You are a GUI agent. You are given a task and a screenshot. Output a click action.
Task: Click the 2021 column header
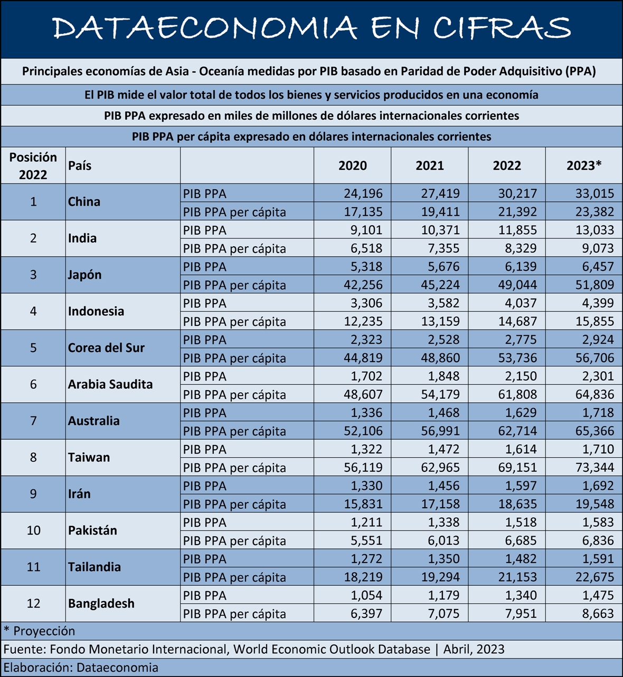click(429, 166)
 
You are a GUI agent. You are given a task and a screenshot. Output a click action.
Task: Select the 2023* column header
click(584, 166)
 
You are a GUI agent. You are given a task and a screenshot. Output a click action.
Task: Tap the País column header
click(80, 166)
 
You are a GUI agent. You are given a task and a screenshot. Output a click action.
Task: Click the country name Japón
click(84, 275)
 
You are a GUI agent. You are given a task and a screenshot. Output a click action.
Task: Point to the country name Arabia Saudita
click(110, 384)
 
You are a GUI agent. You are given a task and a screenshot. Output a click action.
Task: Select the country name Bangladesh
click(101, 603)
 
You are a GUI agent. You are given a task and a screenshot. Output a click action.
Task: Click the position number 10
click(33, 530)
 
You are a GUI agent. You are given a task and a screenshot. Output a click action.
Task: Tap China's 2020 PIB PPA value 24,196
click(363, 194)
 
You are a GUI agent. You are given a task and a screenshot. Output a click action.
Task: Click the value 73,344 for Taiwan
click(594, 468)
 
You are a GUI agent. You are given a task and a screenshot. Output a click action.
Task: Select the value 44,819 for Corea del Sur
click(363, 357)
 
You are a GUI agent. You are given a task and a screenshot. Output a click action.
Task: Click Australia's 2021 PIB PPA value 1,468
click(443, 412)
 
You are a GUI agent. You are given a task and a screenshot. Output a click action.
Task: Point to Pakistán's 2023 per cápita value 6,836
click(598, 540)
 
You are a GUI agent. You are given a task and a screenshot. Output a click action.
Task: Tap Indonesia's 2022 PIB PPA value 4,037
click(521, 303)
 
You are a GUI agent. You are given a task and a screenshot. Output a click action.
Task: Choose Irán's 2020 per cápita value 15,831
click(363, 504)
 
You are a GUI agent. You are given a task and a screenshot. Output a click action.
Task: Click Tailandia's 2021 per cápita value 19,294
click(440, 577)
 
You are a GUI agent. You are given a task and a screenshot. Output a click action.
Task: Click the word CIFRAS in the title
click(502, 27)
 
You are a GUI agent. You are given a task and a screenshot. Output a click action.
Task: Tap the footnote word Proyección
click(44, 631)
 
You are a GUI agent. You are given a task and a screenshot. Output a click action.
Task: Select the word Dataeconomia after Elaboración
click(117, 668)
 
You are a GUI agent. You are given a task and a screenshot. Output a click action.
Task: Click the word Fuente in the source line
click(24, 650)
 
